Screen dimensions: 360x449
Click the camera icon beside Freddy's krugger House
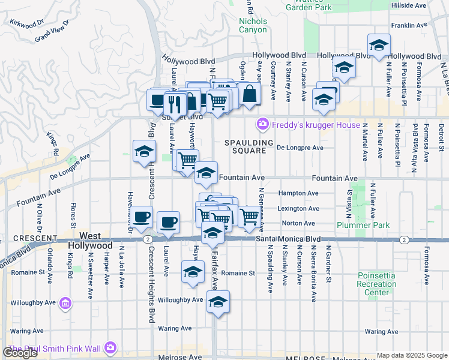(262, 124)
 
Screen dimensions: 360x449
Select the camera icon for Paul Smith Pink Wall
(109, 347)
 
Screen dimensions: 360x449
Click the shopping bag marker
(249, 94)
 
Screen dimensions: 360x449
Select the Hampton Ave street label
(298, 193)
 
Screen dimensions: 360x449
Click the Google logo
(20, 352)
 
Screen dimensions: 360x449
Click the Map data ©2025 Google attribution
(411, 355)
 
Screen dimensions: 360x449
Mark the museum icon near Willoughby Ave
(65, 305)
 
